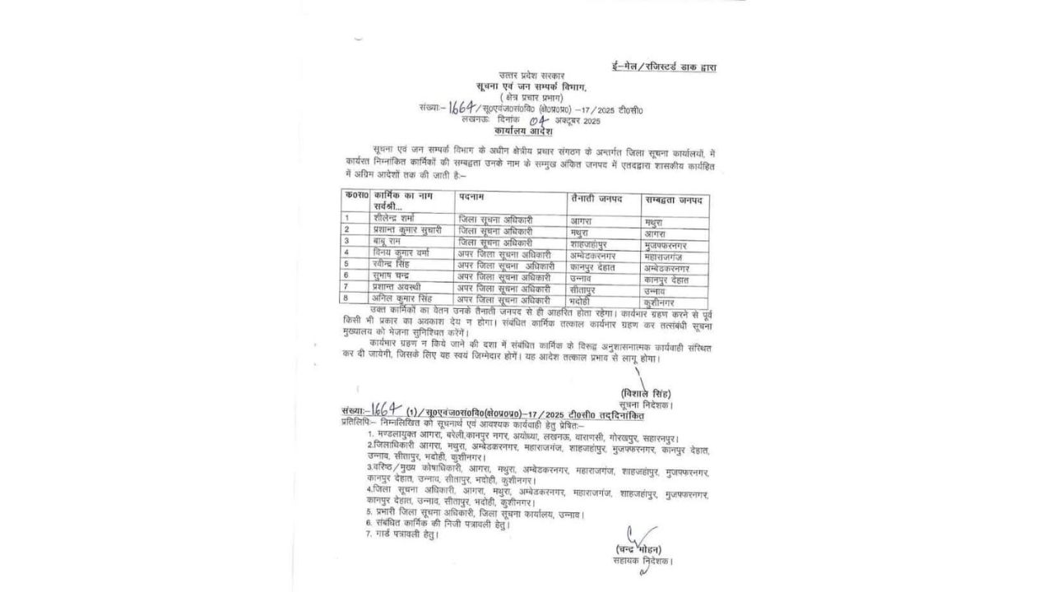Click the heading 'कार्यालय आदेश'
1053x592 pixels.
point(523,132)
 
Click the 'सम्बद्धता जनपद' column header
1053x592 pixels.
point(677,201)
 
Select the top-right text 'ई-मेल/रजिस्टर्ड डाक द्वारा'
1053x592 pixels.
point(663,66)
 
